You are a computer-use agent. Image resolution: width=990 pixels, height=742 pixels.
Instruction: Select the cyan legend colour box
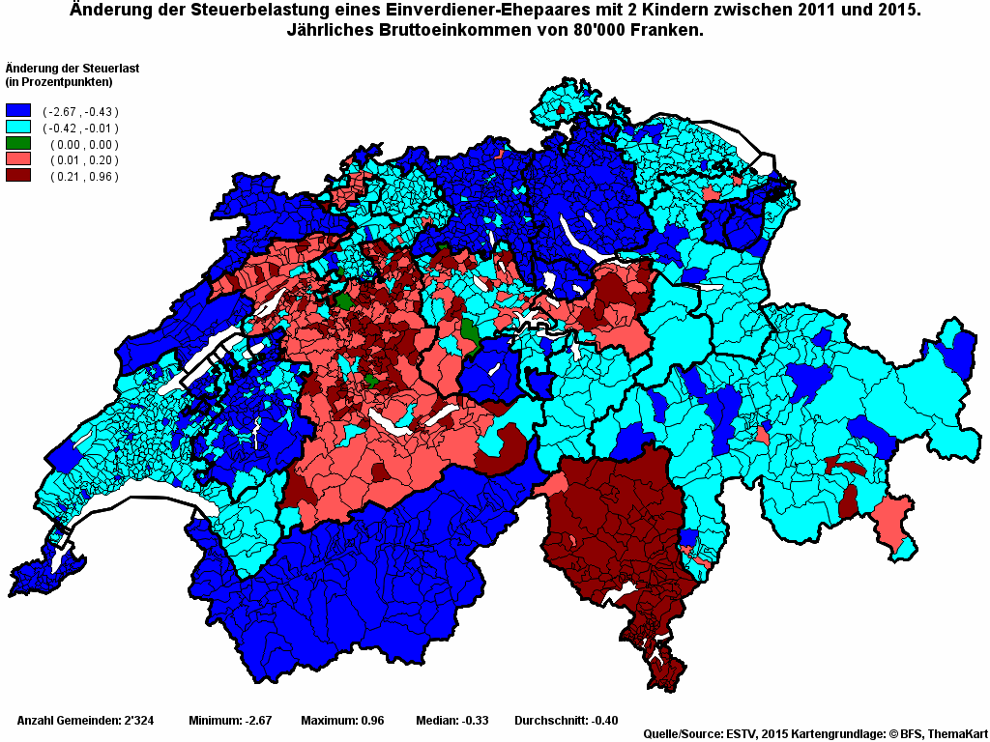pyautogui.click(x=18, y=128)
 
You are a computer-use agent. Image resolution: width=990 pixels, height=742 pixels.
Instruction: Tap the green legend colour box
pyautogui.click(x=18, y=144)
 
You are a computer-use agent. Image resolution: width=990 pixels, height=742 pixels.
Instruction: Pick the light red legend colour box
pyautogui.click(x=18, y=159)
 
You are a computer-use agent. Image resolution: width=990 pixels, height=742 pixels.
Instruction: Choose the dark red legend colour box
pyautogui.click(x=18, y=176)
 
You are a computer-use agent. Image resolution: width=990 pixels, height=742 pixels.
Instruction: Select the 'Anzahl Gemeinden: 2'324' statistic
pyautogui.click(x=86, y=721)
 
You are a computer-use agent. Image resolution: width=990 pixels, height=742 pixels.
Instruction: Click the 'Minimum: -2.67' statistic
pyautogui.click(x=230, y=721)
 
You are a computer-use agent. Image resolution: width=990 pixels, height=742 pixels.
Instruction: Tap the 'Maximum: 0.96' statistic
pyautogui.click(x=342, y=721)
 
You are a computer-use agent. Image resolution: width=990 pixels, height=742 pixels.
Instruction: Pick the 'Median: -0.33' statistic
pyautogui.click(x=451, y=721)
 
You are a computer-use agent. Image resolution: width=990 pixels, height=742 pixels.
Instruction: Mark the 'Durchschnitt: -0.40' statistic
pyautogui.click(x=567, y=721)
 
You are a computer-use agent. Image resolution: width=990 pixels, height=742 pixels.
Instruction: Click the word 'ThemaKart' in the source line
pyautogui.click(x=957, y=734)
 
